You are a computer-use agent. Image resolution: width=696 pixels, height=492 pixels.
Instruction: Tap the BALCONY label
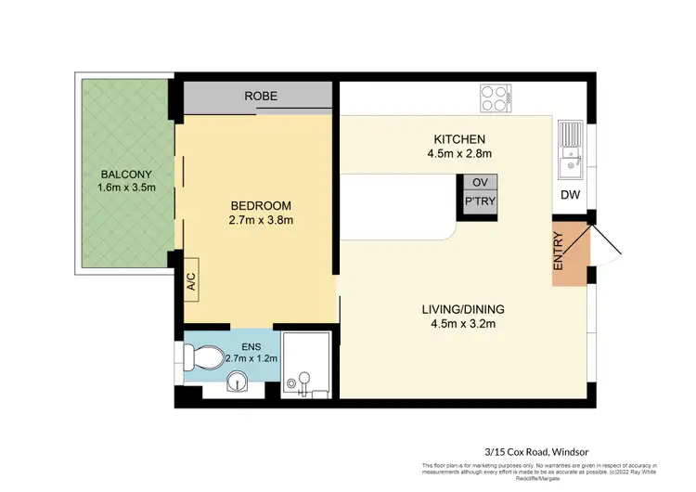(x=126, y=175)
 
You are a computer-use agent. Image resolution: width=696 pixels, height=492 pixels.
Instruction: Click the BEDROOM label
(x=262, y=206)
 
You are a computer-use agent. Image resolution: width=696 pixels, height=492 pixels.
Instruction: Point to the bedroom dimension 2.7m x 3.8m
(x=262, y=221)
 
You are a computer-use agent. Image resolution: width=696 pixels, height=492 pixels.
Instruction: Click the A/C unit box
(x=191, y=279)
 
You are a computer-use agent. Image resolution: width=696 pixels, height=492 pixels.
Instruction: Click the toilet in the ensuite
(x=205, y=356)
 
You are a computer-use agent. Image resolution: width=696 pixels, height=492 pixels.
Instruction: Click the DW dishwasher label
(x=571, y=196)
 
